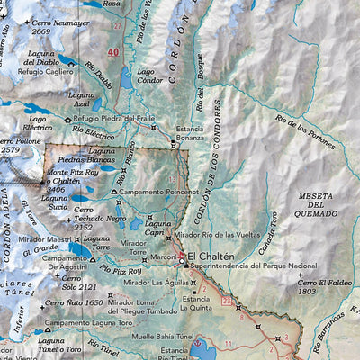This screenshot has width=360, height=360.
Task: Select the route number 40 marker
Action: [x=112, y=53]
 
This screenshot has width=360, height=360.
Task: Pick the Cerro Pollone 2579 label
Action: [x=22, y=146]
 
